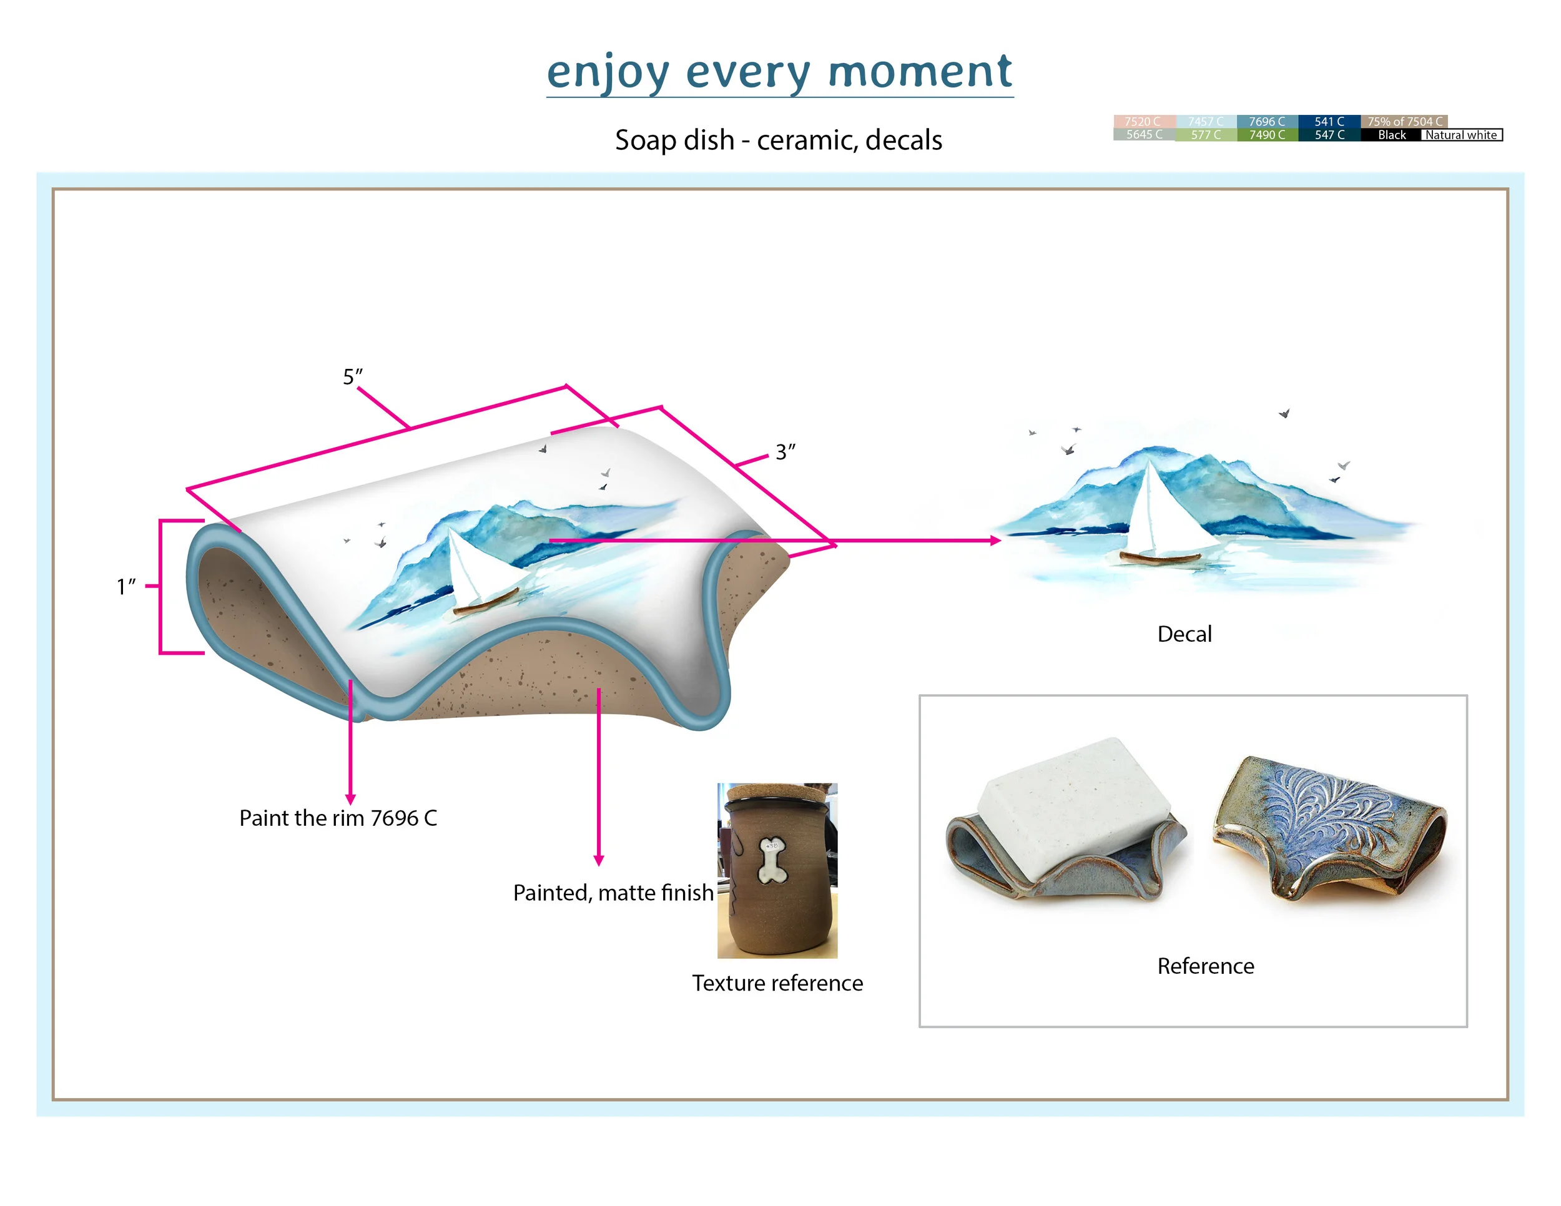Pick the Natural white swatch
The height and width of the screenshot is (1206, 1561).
coord(1461,135)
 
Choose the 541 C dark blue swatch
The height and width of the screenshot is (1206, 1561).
coord(1329,122)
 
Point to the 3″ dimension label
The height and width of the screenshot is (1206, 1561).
coord(785,452)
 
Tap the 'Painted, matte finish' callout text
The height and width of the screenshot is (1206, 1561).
coord(613,893)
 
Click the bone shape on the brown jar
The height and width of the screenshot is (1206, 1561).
coord(771,860)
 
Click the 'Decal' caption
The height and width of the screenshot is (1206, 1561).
coord(1184,634)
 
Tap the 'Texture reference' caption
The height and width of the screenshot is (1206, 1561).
coord(777,983)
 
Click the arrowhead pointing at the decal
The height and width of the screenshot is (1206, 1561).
coord(996,541)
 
